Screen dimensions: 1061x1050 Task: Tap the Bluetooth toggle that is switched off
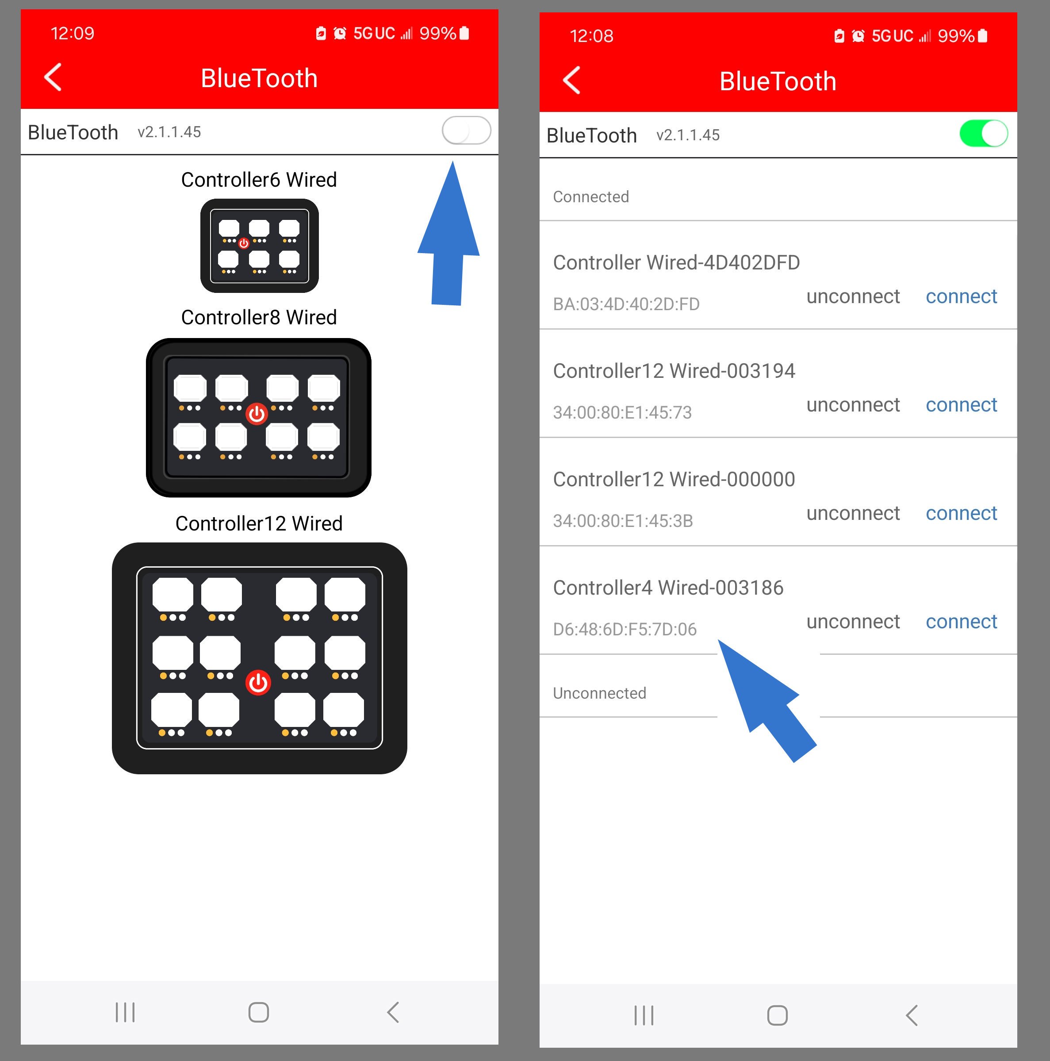466,131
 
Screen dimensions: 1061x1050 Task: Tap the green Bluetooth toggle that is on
983,134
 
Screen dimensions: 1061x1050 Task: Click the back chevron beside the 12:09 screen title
53,77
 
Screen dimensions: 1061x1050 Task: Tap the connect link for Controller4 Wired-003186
961,621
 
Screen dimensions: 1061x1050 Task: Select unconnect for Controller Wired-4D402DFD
852,296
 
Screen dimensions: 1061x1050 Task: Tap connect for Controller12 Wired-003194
961,405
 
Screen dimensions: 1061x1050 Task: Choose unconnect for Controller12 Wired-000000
852,513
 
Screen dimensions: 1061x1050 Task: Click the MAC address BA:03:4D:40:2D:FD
626,304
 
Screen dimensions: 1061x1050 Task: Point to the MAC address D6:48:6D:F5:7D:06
624,629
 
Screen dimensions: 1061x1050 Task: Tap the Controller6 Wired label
259,180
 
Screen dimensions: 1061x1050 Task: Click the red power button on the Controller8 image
257,414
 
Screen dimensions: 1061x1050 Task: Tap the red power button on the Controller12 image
258,683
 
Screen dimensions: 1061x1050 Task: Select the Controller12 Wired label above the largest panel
259,523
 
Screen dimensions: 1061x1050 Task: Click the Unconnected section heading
599,693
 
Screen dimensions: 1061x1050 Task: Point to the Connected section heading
590,196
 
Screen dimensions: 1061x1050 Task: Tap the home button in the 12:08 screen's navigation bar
777,1015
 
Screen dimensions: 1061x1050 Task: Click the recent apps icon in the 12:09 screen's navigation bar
125,1012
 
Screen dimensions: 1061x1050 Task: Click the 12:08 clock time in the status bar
591,36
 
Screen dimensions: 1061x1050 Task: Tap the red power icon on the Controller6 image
244,243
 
